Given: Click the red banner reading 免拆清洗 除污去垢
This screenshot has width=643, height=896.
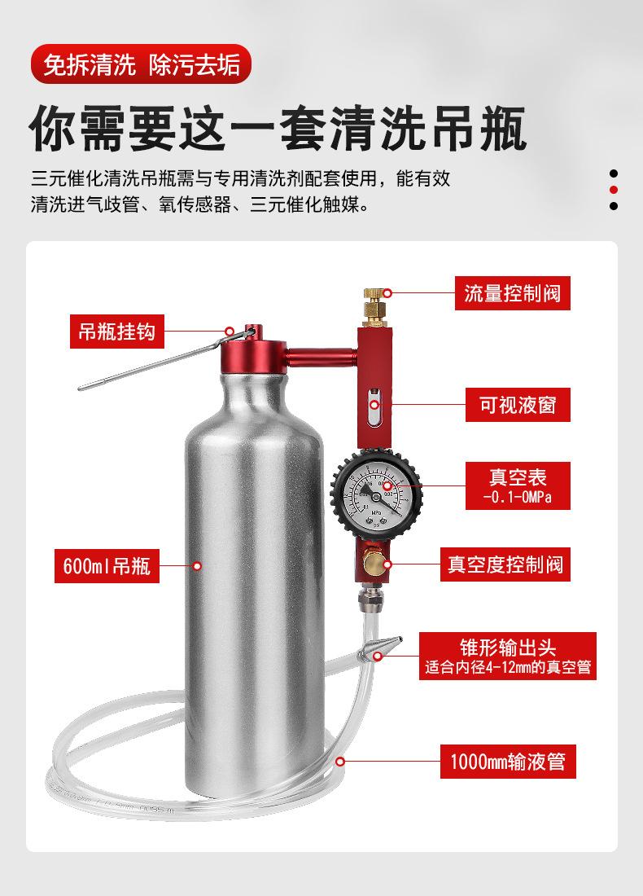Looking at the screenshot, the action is [x=141, y=64].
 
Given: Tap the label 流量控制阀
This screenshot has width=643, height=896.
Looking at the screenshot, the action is [x=512, y=294].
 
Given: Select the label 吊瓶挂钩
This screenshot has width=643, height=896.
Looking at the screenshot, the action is [x=117, y=332].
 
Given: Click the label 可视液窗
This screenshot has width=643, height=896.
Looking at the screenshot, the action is [x=518, y=405].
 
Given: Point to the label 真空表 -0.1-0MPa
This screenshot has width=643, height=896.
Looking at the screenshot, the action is [x=518, y=485].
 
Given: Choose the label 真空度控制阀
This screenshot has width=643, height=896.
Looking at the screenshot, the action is [x=505, y=564].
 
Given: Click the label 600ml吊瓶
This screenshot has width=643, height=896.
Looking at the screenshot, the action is [x=107, y=566].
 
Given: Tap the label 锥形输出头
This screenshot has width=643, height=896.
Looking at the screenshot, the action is [x=508, y=656].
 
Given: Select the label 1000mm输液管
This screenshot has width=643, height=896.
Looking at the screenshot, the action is [x=508, y=761].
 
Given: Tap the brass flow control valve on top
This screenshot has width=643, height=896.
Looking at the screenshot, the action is [x=374, y=307].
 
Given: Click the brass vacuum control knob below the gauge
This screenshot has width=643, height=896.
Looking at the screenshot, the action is [x=374, y=564].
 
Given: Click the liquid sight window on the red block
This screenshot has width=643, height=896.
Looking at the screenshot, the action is [x=374, y=406].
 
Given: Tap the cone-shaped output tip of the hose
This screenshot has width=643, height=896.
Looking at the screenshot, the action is [x=380, y=647].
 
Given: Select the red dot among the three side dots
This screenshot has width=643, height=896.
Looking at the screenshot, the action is [x=614, y=190].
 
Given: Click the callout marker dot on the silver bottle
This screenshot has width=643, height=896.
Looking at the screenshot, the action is [x=197, y=566].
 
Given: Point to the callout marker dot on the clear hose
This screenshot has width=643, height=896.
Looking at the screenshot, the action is [x=340, y=761].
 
